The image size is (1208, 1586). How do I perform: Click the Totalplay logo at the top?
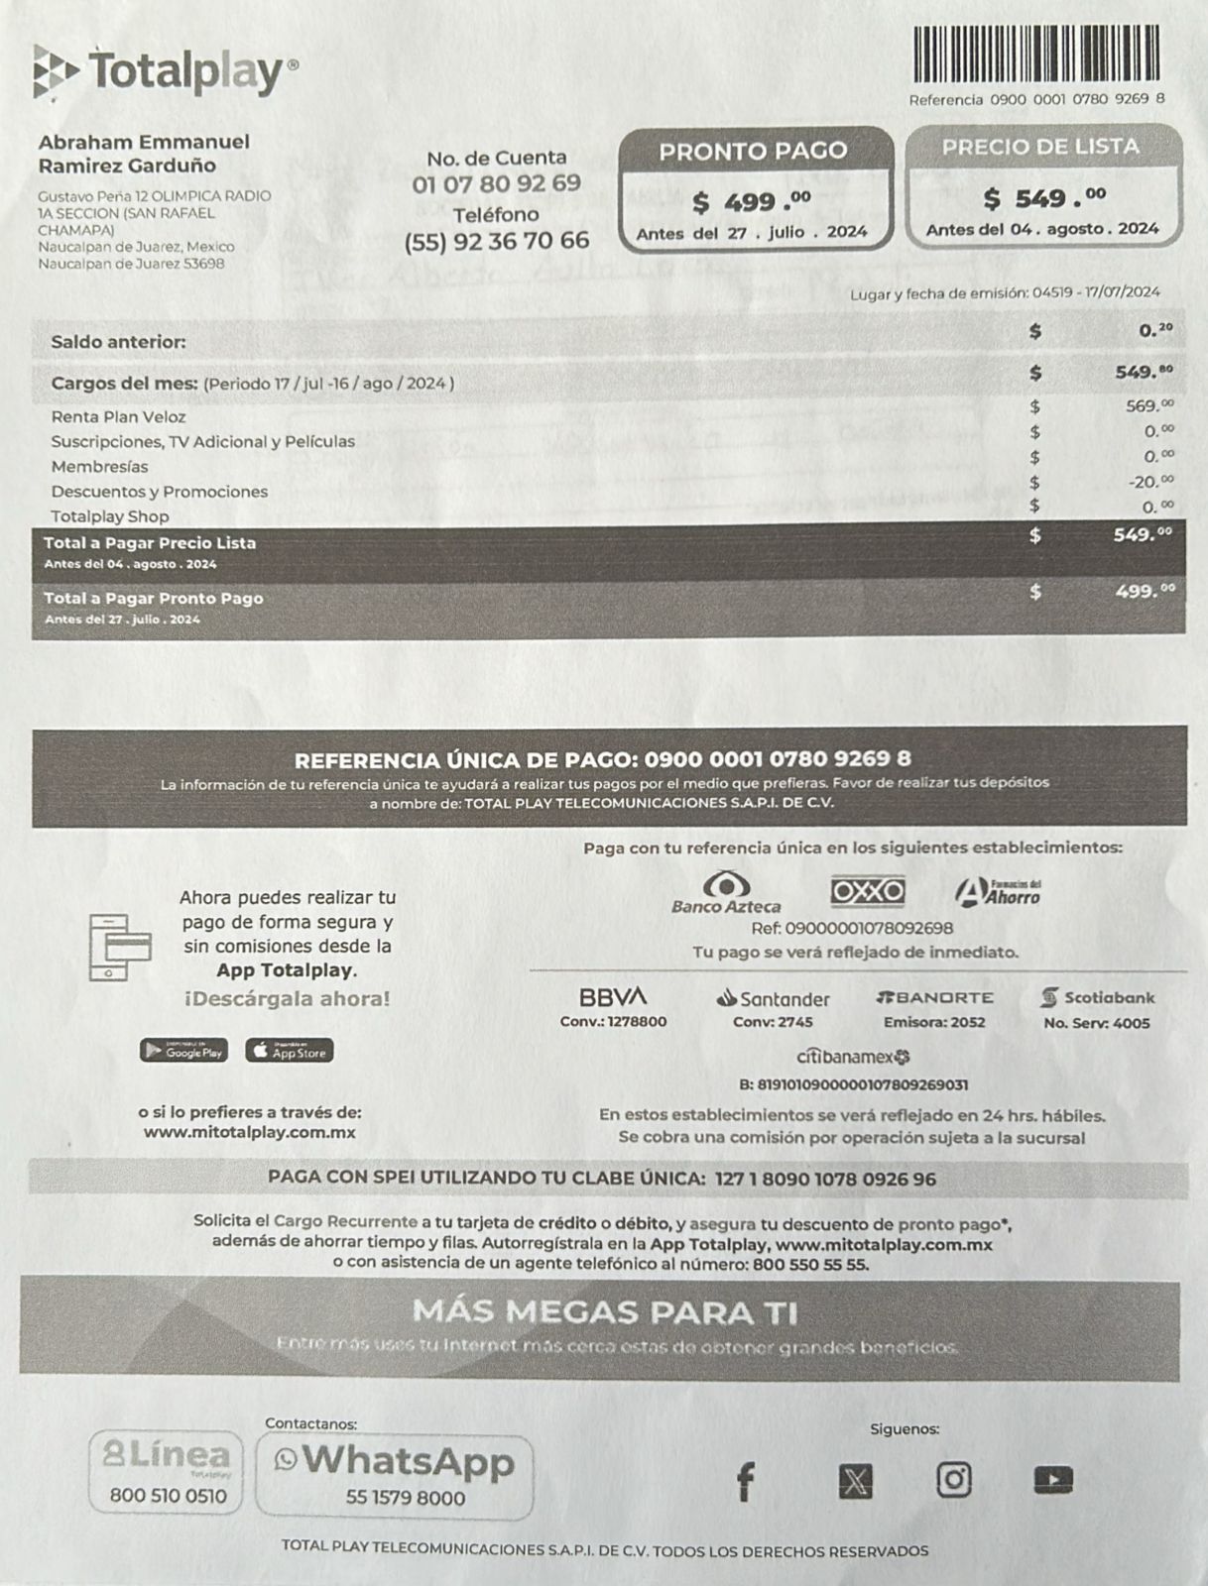[x=165, y=71]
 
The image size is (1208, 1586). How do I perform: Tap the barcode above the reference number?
[x=1035, y=55]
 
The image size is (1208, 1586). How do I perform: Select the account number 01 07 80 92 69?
[x=497, y=183]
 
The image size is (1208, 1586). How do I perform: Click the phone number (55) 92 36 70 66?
[x=497, y=241]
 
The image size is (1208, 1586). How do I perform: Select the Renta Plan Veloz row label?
[x=118, y=417]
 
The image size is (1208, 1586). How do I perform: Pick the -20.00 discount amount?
[x=1150, y=481]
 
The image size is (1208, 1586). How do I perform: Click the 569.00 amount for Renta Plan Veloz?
[x=1149, y=405]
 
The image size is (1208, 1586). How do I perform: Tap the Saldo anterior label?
[x=118, y=342]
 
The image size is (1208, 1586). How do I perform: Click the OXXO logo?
[x=867, y=891]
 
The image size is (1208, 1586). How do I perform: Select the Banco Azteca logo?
[x=726, y=891]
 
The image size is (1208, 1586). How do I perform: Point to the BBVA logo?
[x=613, y=996]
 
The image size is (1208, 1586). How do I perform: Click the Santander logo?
[x=773, y=998]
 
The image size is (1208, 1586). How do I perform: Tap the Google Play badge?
[x=183, y=1051]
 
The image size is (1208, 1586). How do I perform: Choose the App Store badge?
[x=290, y=1051]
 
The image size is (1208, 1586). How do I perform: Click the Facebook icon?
[x=745, y=1482]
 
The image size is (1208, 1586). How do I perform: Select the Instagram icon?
[x=953, y=1480]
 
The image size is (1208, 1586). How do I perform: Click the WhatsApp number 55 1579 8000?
[x=405, y=1498]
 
